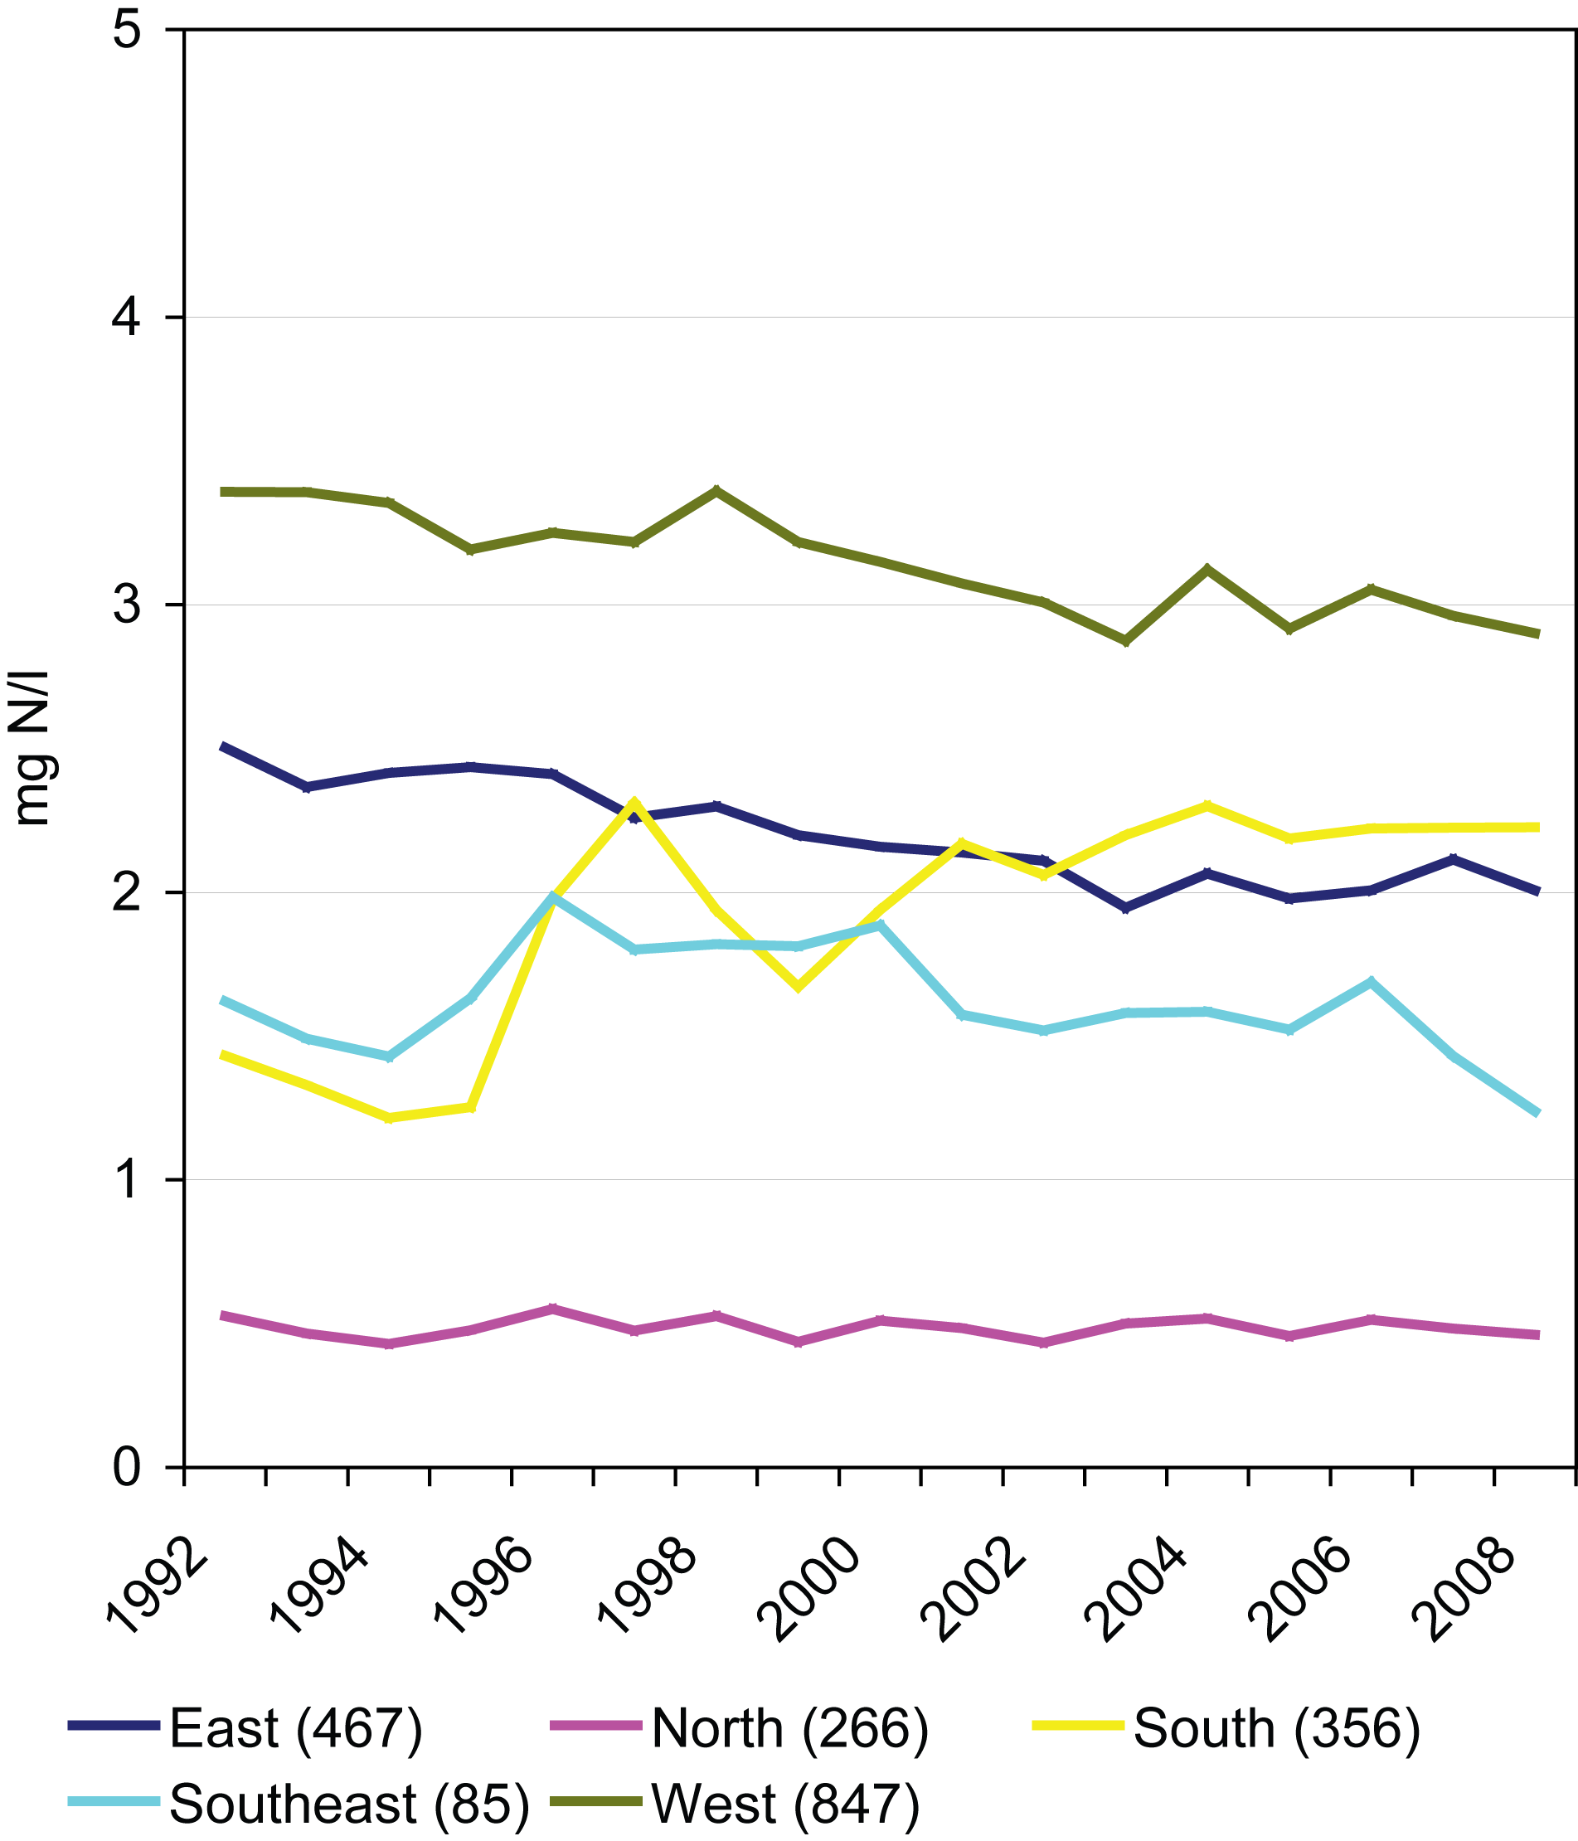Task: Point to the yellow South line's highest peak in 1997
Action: [634, 803]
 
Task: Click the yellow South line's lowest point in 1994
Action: [388, 1118]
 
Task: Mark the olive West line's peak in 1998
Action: [716, 489]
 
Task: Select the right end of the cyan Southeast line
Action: [1537, 1113]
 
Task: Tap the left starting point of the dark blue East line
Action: [223, 746]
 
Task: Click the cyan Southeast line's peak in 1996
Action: [552, 896]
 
